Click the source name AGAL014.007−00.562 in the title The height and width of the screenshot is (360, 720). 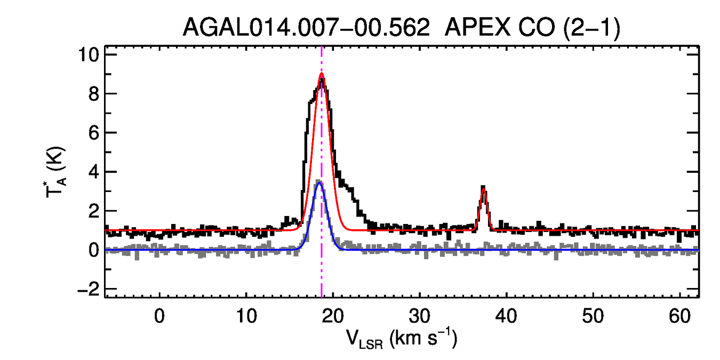[306, 28]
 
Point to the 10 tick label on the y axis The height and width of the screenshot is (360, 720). [89, 55]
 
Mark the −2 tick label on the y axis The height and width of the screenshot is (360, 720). [89, 289]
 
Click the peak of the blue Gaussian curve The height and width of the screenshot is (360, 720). [319, 183]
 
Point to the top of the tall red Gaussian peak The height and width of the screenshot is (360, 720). [322, 74]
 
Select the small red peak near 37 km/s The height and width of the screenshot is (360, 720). [483, 188]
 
